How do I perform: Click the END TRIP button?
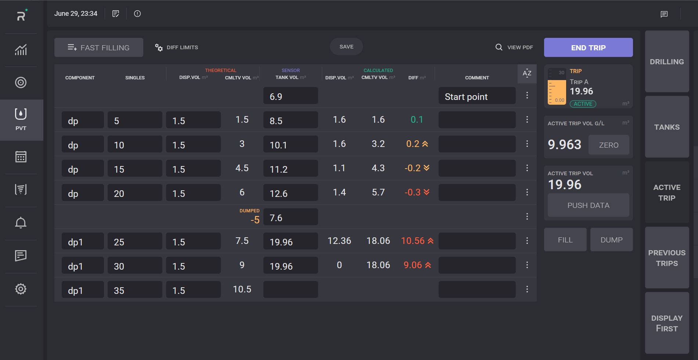588,47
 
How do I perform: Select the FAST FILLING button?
99,47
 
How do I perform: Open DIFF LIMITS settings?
177,47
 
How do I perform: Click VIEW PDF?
514,47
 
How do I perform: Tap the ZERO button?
608,145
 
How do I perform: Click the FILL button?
565,240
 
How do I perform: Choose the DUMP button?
611,240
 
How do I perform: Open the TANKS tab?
667,127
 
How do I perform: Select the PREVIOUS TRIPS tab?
667,258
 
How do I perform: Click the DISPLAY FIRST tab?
667,323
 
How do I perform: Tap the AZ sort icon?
527,73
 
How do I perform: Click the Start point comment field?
477,97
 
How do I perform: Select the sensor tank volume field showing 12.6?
290,193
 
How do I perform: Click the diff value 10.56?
413,241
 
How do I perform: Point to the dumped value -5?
255,220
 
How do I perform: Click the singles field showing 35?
134,290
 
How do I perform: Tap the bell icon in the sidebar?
21,223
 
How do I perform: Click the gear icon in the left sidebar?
21,289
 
